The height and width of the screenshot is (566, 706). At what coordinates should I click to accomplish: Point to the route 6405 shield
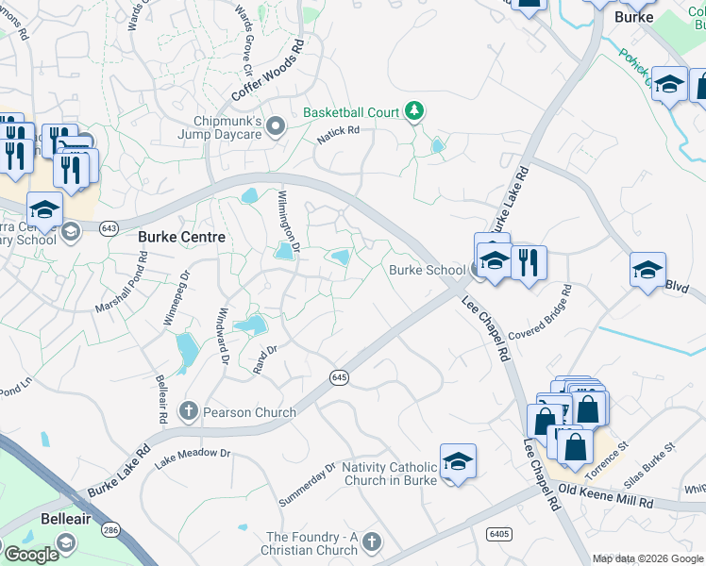click(x=499, y=534)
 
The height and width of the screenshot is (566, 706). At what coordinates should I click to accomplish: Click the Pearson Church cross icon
click(x=189, y=411)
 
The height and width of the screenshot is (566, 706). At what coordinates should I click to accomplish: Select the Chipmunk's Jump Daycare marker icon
click(x=276, y=126)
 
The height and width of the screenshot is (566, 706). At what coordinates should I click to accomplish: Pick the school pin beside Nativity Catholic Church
click(x=458, y=461)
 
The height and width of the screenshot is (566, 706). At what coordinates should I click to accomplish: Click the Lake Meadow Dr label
click(x=193, y=457)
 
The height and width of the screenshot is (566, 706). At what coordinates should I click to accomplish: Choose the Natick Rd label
click(x=339, y=135)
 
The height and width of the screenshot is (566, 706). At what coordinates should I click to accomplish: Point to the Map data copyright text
click(x=648, y=558)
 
